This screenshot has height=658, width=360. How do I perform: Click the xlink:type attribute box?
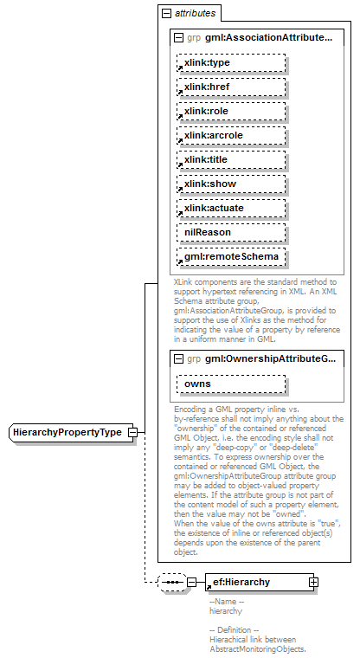tap(231, 63)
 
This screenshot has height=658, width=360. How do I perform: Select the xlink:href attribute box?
tap(231, 87)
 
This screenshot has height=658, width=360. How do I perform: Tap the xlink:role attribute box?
tap(231, 112)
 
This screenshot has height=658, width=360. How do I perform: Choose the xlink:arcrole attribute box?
tap(231, 136)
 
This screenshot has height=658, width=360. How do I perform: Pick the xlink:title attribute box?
tap(231, 160)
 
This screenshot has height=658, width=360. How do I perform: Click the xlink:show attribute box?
tap(231, 184)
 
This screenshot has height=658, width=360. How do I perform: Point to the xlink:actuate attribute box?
tap(231, 209)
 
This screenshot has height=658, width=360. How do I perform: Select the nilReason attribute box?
tap(231, 233)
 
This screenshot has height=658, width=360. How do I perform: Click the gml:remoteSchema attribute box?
tap(231, 257)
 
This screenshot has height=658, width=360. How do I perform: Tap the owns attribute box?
tap(231, 384)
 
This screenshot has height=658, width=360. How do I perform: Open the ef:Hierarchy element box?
tap(255, 583)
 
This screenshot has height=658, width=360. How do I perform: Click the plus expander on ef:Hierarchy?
tap(313, 583)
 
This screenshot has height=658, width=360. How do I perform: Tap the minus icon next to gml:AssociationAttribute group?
tap(179, 39)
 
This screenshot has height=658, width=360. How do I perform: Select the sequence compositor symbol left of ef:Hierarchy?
tap(171, 583)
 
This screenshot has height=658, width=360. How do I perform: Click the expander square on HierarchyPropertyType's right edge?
tap(132, 432)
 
